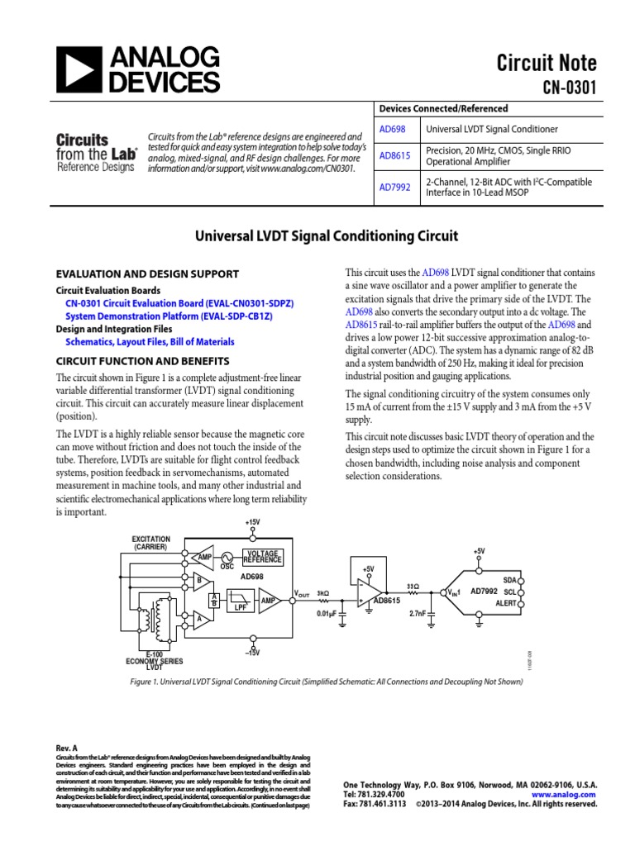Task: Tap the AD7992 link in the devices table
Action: [395, 188]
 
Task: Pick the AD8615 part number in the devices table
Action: [395, 156]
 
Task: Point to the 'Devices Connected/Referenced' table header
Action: [443, 109]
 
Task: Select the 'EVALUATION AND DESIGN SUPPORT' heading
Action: [147, 274]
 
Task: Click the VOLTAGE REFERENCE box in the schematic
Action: [262, 556]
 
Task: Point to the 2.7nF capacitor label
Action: [417, 614]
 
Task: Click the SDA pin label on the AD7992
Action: [509, 581]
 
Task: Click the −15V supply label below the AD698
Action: [252, 653]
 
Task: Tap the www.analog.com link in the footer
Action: [569, 794]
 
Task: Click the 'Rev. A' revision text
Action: [67, 748]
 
